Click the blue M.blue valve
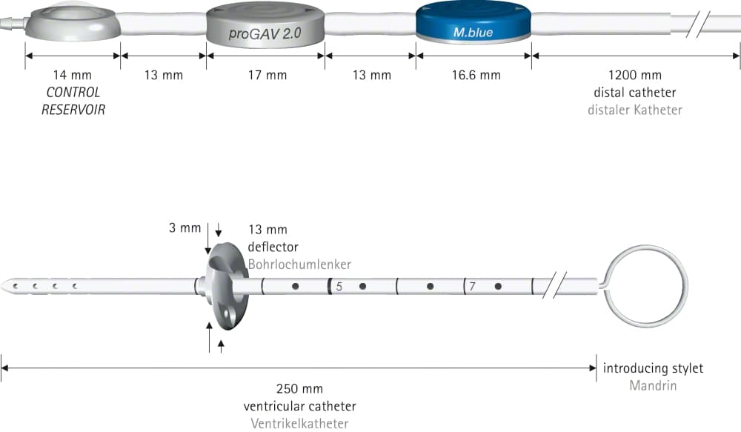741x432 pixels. [x=473, y=23]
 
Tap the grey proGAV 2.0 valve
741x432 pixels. [x=265, y=24]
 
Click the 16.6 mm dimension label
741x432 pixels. [x=476, y=75]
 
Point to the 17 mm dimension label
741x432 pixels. [x=268, y=75]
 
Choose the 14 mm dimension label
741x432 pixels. [x=73, y=75]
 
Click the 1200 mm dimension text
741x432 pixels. [x=635, y=75]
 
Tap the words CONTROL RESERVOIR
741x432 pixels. [x=73, y=101]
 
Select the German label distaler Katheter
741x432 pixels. [x=635, y=110]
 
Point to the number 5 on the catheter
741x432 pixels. [x=339, y=287]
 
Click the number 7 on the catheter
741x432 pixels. [x=472, y=287]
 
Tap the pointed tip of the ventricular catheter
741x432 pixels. [x=2, y=286]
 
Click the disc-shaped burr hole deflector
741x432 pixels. [x=226, y=287]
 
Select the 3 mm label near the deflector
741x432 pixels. [x=185, y=227]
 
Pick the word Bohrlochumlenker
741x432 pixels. [x=299, y=265]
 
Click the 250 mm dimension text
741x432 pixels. [x=299, y=389]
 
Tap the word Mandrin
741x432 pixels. [x=653, y=385]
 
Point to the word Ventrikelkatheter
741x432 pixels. [x=299, y=424]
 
